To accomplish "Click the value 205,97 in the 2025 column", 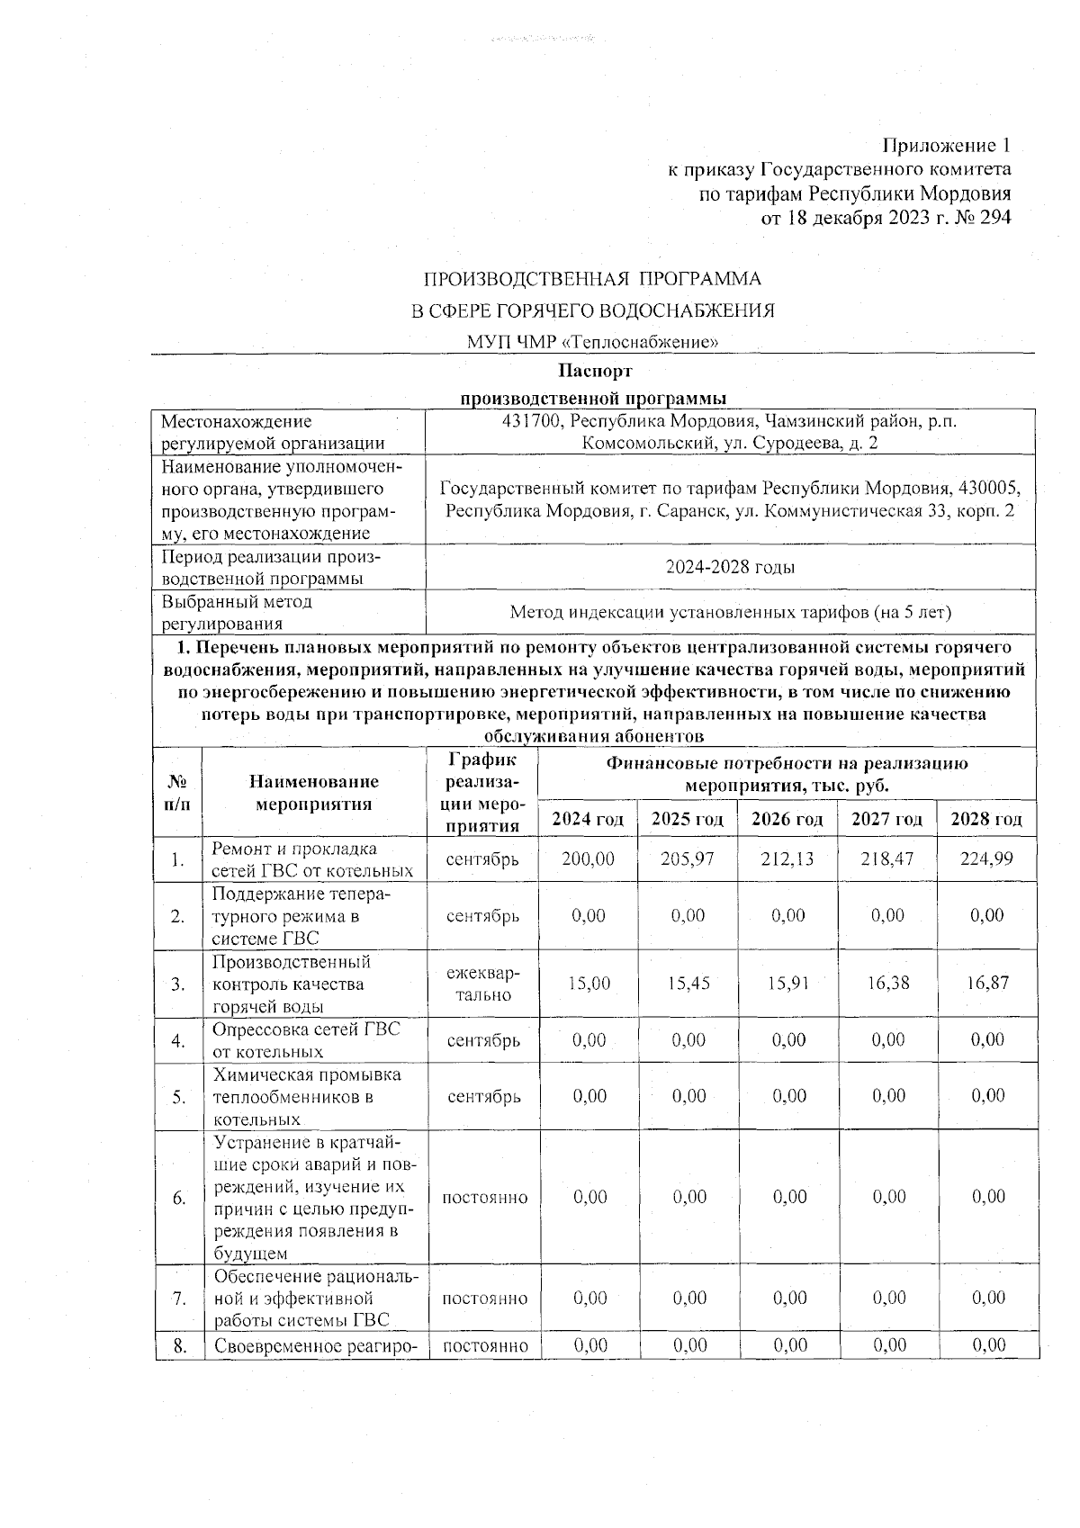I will click(x=688, y=859).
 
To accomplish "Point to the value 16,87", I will click(x=987, y=984).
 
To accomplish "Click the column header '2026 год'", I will click(x=787, y=820).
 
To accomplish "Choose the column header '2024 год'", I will click(x=588, y=820).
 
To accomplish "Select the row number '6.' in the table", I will click(x=178, y=1198).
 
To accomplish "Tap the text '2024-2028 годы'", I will click(x=730, y=568).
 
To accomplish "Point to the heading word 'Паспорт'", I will click(x=595, y=372).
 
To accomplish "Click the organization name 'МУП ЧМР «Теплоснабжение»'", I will click(x=592, y=342).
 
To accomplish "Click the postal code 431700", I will click(x=534, y=421).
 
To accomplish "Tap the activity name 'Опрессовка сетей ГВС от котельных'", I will click(x=306, y=1040).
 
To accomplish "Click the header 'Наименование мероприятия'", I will click(x=314, y=793).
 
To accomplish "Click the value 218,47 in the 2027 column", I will click(x=887, y=859).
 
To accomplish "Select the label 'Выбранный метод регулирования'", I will click(x=238, y=612).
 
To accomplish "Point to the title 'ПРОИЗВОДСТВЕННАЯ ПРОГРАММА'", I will click(x=592, y=279).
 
